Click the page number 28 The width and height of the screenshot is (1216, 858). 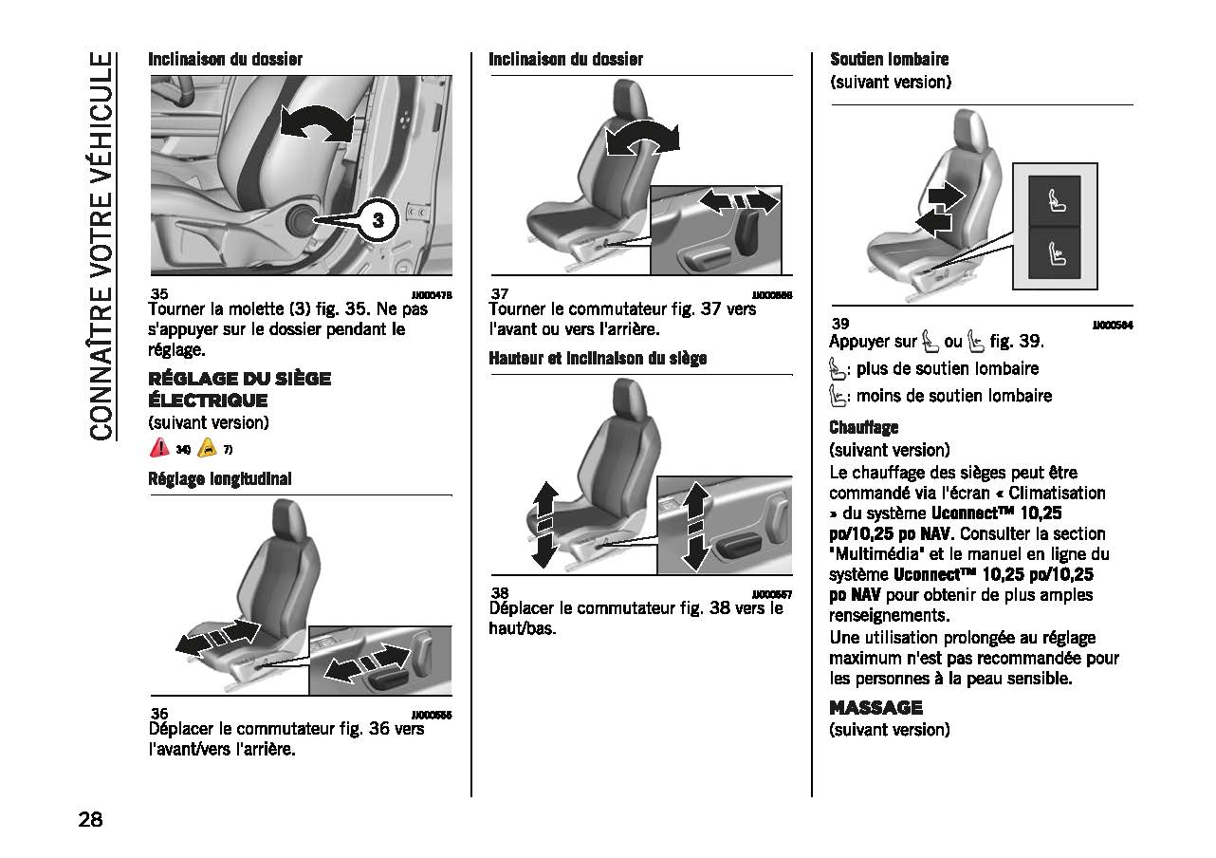pyautogui.click(x=91, y=819)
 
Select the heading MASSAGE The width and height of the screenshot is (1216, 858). pyautogui.click(x=875, y=707)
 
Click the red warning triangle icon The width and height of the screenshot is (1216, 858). pyautogui.click(x=160, y=448)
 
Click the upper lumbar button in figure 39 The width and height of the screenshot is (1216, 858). pyautogui.click(x=1054, y=200)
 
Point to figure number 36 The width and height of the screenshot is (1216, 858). pyautogui.click(x=159, y=714)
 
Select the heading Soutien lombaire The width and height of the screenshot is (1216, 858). pyautogui.click(x=889, y=59)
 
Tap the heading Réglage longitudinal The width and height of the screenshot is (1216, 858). pyautogui.click(x=219, y=479)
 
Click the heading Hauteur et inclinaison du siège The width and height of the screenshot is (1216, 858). pyautogui.click(x=598, y=359)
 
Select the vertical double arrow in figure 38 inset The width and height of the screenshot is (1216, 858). pyautogui.click(x=695, y=525)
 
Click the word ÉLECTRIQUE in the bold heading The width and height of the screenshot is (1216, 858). pyautogui.click(x=208, y=400)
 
